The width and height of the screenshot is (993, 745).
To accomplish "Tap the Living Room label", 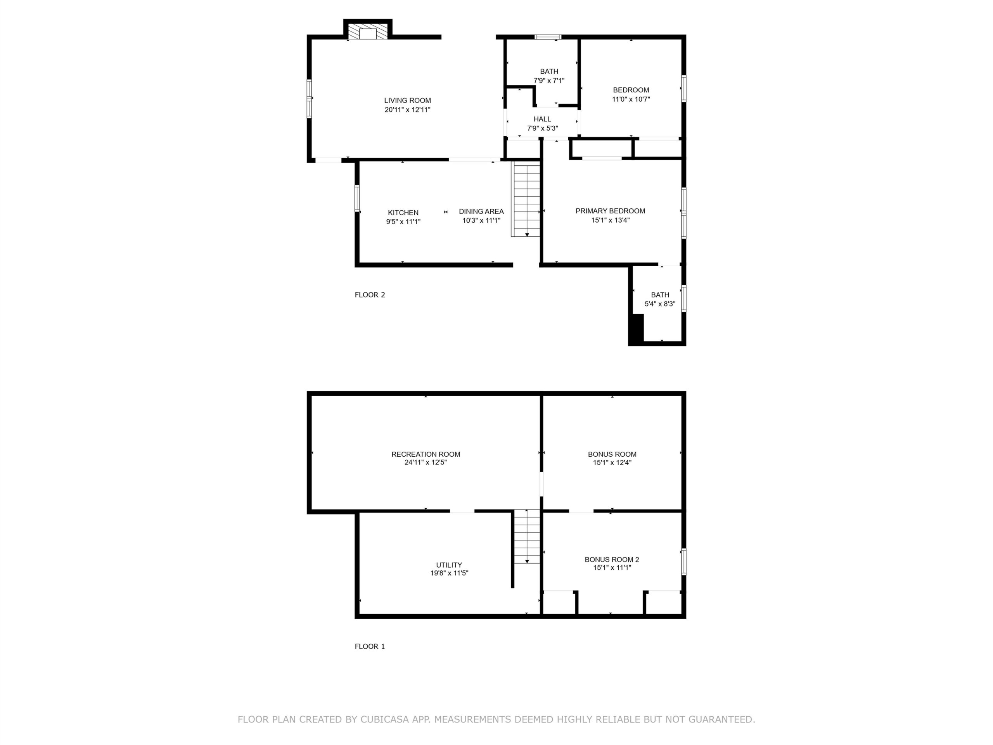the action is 407,100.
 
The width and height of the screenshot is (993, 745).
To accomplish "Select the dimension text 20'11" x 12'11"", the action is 407,109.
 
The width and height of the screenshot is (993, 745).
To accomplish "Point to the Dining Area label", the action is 481,211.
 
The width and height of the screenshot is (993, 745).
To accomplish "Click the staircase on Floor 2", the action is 526,199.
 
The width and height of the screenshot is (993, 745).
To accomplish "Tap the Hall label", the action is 542,119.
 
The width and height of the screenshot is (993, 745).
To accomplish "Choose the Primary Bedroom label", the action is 610,211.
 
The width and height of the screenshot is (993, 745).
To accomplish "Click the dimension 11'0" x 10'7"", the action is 631,99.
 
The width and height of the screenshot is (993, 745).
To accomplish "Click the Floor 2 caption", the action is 370,295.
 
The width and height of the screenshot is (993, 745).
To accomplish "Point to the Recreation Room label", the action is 426,454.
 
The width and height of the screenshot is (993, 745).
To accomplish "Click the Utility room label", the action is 449,565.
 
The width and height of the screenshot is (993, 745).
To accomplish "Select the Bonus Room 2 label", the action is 612,560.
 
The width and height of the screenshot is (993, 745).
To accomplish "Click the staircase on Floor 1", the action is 527,536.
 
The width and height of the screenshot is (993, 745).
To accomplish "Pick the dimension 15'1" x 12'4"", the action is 612,463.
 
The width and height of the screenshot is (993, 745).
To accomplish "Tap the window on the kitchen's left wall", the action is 357,198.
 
